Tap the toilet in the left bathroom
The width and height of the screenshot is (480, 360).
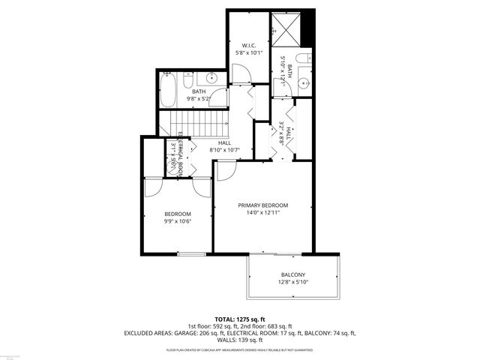(189, 80)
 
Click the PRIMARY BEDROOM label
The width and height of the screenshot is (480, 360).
(262, 205)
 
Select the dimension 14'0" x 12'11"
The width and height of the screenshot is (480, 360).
(262, 214)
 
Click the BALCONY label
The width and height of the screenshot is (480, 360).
(292, 274)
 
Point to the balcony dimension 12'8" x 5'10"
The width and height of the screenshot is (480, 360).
(292, 283)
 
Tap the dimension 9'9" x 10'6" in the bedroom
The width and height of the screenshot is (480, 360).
(178, 221)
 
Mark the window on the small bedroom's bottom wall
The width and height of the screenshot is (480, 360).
(190, 253)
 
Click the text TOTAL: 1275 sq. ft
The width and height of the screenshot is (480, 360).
(240, 319)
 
